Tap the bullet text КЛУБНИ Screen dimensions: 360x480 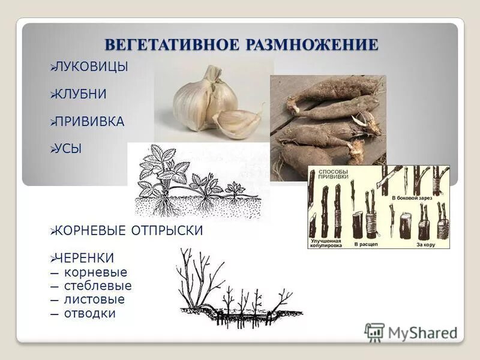point(81,94)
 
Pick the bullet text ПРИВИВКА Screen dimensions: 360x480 point(89,122)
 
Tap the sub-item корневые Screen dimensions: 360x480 point(95,272)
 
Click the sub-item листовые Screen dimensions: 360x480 point(94,299)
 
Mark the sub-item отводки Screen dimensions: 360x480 point(89,313)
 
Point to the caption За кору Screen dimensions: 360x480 point(427,245)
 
